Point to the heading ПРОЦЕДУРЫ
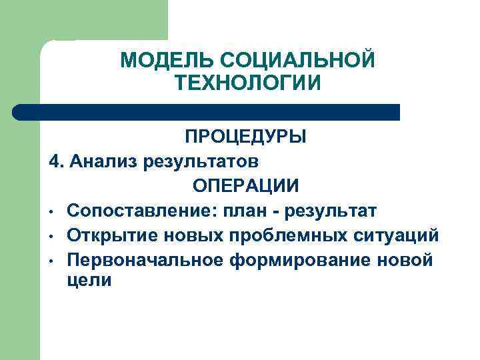click(x=246, y=137)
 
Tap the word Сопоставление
click(x=132, y=211)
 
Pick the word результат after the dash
click(x=331, y=211)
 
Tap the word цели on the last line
click(x=89, y=280)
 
